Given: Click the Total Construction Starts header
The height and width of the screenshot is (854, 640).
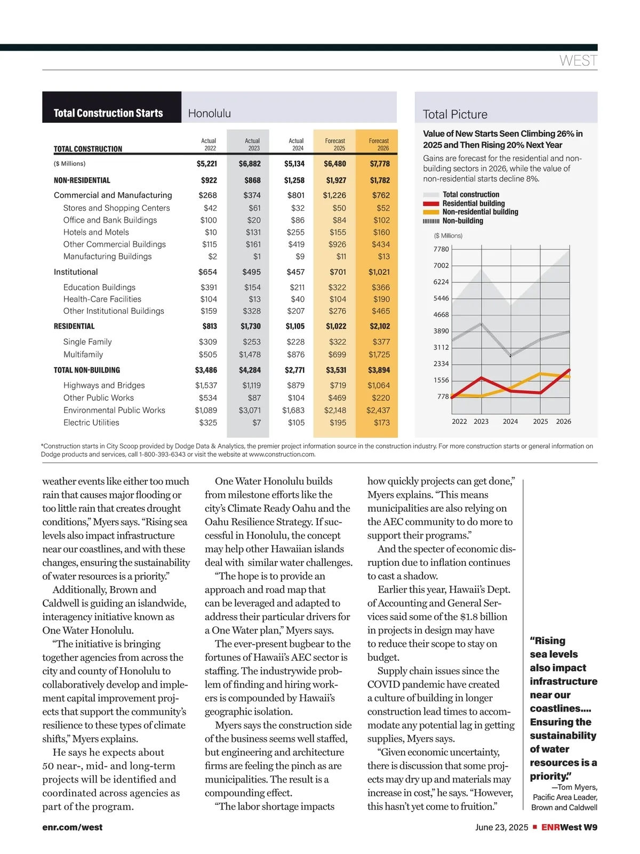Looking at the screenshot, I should pyautogui.click(x=108, y=113).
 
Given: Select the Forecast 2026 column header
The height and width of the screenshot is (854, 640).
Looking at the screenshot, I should pyautogui.click(x=379, y=144).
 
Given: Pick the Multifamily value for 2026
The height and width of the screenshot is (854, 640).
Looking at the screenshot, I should pyautogui.click(x=379, y=354).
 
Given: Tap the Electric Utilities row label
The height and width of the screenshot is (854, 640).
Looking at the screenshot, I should pyautogui.click(x=91, y=422).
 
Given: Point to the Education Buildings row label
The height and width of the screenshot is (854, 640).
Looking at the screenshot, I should pyautogui.click(x=99, y=287).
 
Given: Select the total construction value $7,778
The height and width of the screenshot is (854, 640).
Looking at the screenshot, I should pyautogui.click(x=380, y=164).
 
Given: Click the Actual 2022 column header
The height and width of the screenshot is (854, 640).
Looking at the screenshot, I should pyautogui.click(x=209, y=144).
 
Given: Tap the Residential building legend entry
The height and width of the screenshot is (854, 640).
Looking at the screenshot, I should pyautogui.click(x=473, y=203).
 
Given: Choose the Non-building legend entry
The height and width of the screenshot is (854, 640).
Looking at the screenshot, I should pyautogui.click(x=462, y=221).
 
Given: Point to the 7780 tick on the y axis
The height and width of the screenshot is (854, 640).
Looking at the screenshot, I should pyautogui.click(x=441, y=249).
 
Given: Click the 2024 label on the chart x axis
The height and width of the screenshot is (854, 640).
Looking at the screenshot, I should pyautogui.click(x=510, y=421).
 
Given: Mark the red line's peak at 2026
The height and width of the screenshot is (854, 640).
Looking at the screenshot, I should pyautogui.click(x=570, y=369).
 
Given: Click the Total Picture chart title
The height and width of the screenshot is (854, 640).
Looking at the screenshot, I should pyautogui.click(x=455, y=114).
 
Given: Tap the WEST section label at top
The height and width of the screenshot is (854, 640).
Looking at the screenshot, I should pyautogui.click(x=578, y=61).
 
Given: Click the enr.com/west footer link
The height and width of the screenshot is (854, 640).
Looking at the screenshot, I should pyautogui.click(x=73, y=827).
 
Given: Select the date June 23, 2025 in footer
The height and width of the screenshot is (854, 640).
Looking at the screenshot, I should pyautogui.click(x=501, y=827).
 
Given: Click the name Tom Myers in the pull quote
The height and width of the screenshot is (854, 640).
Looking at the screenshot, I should pyautogui.click(x=578, y=788).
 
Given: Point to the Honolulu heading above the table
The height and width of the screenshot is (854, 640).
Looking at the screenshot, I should pyautogui.click(x=210, y=113).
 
